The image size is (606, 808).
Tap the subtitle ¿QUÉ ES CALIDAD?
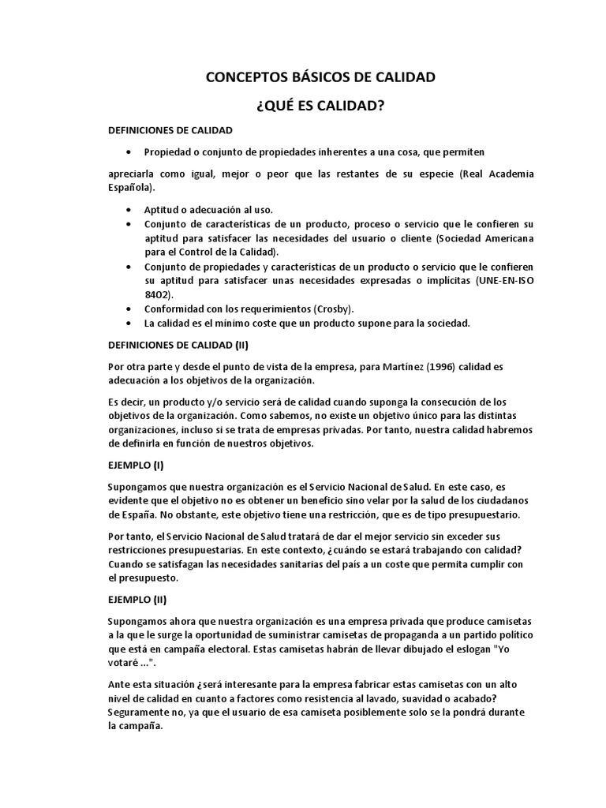click(x=320, y=106)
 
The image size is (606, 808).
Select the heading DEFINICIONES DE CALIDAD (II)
click(x=178, y=345)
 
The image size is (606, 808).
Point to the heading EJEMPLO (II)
click(x=137, y=599)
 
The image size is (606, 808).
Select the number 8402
click(x=159, y=294)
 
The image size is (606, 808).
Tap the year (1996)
click(x=427, y=367)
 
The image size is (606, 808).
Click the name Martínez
click(x=385, y=367)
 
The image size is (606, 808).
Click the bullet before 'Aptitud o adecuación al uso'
click(x=129, y=209)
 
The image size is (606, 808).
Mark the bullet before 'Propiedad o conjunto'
click(x=129, y=151)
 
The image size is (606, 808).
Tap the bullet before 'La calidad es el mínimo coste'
click(x=129, y=324)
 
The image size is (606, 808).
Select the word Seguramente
click(x=140, y=713)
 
